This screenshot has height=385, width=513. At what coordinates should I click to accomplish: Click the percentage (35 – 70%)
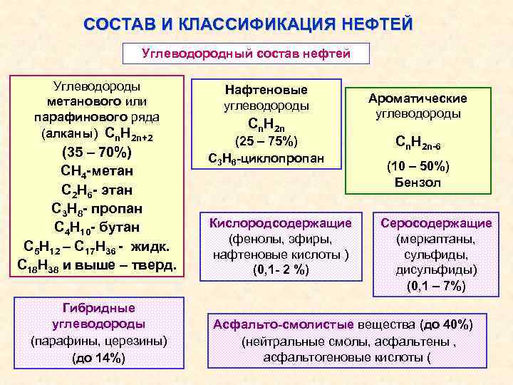pyautogui.click(x=97, y=153)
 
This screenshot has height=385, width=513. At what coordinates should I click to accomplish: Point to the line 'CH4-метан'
pyautogui.click(x=97, y=172)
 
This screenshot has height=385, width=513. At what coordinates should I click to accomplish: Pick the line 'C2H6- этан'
pyautogui.click(x=97, y=190)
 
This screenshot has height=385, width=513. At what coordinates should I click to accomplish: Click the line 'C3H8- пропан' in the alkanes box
pyautogui.click(x=97, y=209)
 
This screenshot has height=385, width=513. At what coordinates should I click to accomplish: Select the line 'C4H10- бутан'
pyautogui.click(x=97, y=227)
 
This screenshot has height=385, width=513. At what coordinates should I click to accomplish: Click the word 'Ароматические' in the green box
pyautogui.click(x=418, y=98)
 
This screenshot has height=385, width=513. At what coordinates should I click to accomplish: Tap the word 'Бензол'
pyautogui.click(x=418, y=183)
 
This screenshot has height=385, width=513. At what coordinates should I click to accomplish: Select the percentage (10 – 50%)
pyautogui.click(x=418, y=166)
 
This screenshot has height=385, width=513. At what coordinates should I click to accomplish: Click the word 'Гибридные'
pyautogui.click(x=99, y=307)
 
